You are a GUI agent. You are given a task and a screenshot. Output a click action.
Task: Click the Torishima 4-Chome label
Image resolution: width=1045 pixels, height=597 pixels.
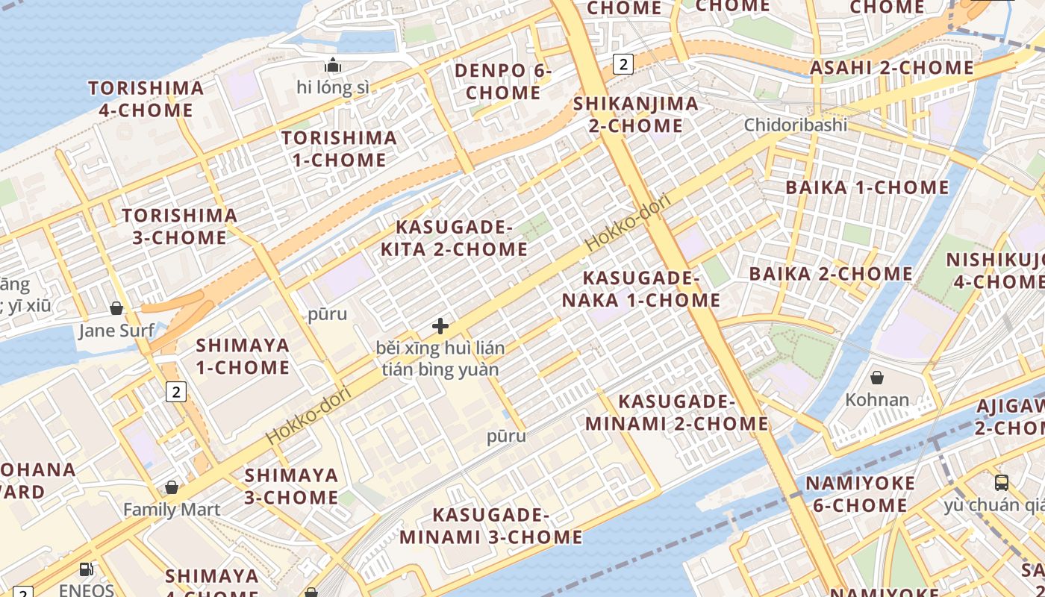[146, 99]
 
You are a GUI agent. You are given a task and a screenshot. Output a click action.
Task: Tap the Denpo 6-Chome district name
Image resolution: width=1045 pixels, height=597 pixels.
[503, 82]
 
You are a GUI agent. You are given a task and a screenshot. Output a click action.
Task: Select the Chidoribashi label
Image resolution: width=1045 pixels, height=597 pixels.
[795, 125]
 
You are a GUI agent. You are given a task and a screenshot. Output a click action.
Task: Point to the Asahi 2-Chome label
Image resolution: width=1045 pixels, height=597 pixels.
[892, 68]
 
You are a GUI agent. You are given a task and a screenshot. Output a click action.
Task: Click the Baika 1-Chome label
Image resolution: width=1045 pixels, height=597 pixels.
[867, 187]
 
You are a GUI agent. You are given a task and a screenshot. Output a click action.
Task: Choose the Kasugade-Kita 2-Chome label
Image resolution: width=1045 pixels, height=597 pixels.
[454, 238]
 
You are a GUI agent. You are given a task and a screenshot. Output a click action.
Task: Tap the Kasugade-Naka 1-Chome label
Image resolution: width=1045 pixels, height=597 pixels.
[640, 289]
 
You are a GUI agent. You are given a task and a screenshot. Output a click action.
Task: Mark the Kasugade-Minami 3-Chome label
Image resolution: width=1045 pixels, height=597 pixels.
[490, 526]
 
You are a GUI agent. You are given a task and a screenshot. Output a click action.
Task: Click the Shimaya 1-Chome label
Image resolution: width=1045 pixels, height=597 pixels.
[242, 356]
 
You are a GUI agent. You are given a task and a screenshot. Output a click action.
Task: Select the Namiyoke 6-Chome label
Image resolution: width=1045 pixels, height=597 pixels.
[860, 494]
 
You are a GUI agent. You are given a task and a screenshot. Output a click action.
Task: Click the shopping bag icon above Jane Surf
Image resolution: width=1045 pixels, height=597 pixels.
[116, 308]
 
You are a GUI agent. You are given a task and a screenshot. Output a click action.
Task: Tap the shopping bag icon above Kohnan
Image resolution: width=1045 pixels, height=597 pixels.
[877, 378]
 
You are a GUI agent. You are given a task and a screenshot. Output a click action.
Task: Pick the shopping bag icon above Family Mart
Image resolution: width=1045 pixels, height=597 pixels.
[172, 487]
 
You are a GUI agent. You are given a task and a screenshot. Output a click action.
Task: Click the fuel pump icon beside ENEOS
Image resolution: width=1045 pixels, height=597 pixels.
[87, 569]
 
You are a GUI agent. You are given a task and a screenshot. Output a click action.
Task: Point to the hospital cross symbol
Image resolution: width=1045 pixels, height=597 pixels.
[440, 326]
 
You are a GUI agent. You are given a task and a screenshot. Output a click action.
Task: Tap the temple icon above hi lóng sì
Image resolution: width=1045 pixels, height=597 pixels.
[333, 66]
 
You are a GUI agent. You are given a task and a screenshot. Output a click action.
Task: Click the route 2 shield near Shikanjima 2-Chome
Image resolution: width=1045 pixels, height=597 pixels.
[623, 64]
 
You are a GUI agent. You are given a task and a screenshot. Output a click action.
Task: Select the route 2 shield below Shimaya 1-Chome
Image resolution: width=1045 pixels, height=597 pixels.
[175, 391]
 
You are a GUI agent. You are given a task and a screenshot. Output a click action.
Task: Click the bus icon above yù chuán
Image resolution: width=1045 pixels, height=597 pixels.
[1002, 483]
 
